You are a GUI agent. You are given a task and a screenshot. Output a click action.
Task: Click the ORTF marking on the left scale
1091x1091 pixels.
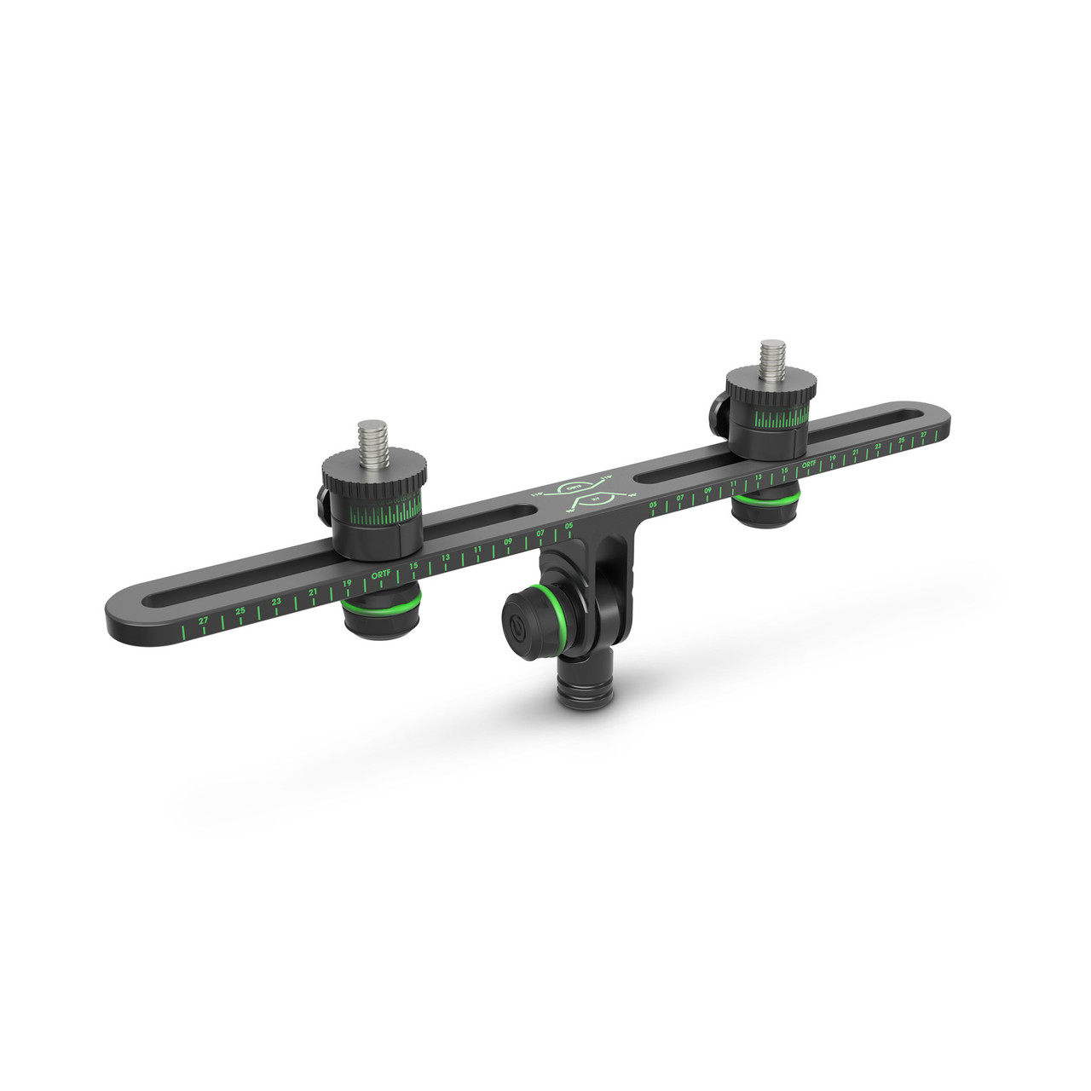(x=380, y=575)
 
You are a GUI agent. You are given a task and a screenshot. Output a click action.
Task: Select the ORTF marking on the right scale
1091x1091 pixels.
(x=810, y=465)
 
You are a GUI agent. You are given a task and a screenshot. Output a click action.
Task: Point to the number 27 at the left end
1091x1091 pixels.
(x=203, y=621)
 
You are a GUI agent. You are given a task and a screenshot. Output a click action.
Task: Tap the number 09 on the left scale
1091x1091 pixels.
(x=508, y=541)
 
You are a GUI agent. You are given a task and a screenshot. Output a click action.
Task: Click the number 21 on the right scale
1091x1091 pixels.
(x=855, y=453)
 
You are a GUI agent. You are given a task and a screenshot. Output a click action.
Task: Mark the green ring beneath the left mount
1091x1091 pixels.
(x=380, y=606)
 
